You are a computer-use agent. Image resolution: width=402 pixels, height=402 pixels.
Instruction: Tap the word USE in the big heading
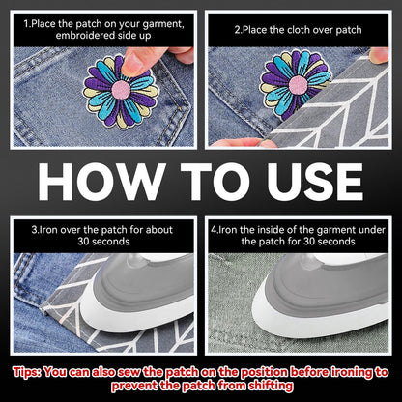(x=315, y=182)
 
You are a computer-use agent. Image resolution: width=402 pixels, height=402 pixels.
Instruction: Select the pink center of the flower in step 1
(x=121, y=90)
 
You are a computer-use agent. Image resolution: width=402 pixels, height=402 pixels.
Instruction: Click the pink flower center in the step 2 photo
(x=298, y=85)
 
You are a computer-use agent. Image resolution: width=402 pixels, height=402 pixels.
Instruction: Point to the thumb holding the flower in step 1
(x=142, y=61)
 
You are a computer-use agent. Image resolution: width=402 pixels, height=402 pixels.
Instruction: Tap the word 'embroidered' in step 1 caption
(x=85, y=36)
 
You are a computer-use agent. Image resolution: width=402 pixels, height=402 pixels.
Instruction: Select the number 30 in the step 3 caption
(x=83, y=242)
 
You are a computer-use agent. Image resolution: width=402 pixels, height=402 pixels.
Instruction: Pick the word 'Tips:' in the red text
(x=27, y=373)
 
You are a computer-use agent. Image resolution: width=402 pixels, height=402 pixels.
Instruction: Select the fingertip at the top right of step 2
(x=379, y=55)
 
